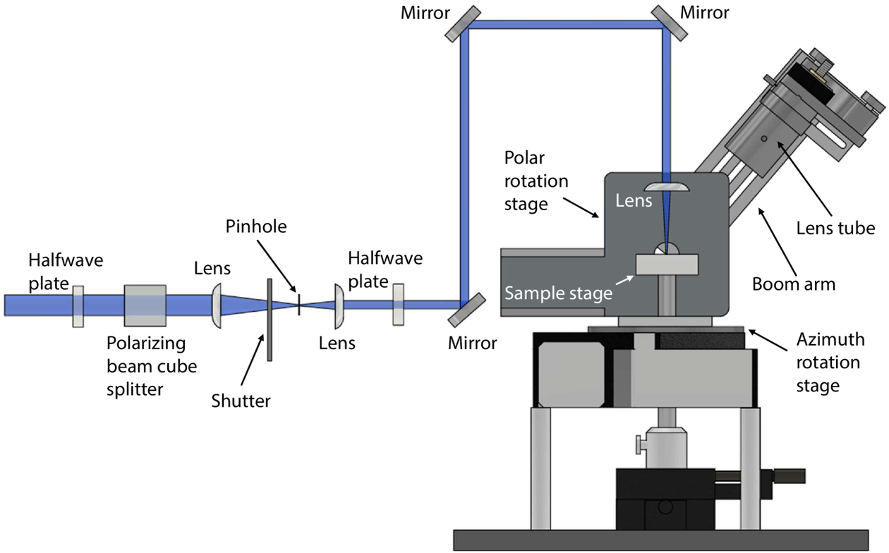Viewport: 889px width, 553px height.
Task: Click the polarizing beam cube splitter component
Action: click(x=145, y=305)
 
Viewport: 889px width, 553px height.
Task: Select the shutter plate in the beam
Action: click(x=270, y=319)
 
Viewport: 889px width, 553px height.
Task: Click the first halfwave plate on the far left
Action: click(x=78, y=306)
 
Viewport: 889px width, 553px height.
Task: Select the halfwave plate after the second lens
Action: click(x=399, y=305)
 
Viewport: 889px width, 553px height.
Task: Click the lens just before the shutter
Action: click(x=217, y=305)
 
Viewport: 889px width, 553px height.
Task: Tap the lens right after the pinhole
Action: click(x=339, y=305)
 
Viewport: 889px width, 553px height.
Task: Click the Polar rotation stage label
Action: click(x=535, y=181)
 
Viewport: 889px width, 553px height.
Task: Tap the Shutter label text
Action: click(x=241, y=401)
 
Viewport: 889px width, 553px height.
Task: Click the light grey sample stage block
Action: click(x=666, y=265)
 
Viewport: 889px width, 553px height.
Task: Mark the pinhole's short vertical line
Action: click(x=299, y=305)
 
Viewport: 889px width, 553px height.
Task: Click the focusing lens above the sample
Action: click(x=665, y=186)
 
